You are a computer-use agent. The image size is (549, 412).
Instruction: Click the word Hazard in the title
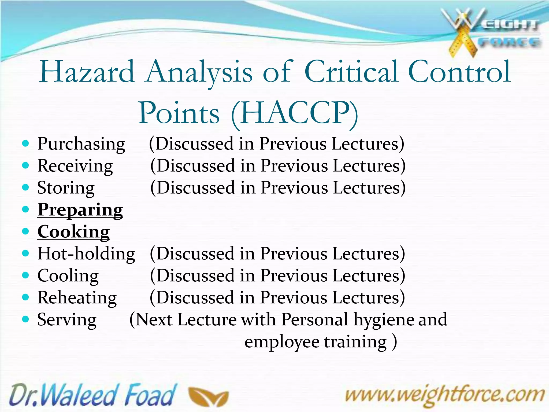pyautogui.click(x=87, y=72)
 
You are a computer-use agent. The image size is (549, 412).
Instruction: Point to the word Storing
pyautogui.click(x=66, y=188)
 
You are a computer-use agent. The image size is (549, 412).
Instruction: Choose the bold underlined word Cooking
pyautogui.click(x=73, y=232)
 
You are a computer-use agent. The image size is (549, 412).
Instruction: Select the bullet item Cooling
pyautogui.click(x=68, y=276)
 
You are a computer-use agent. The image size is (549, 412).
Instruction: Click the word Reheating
pyautogui.click(x=77, y=298)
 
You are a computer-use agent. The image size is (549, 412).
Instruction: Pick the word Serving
pyautogui.click(x=67, y=320)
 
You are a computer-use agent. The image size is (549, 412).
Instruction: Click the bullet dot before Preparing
pyautogui.click(x=25, y=209)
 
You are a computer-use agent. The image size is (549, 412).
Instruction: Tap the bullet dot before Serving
pyautogui.click(x=25, y=319)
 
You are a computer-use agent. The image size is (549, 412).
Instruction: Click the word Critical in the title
pyautogui.click(x=351, y=72)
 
